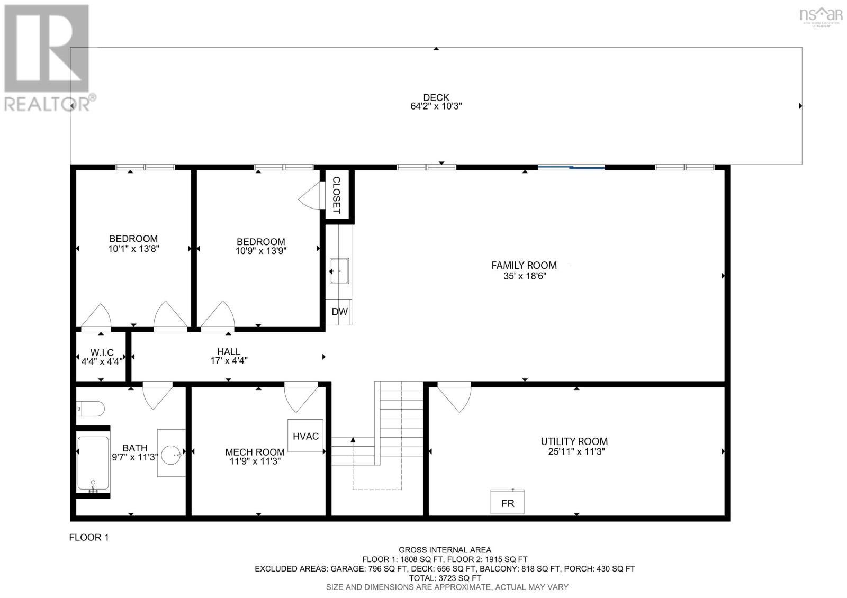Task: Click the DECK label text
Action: coord(436,97)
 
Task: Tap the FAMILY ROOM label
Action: coord(524,265)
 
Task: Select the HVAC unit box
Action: coord(305,436)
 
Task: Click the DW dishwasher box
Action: coord(339,312)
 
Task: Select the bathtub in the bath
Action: coord(93,462)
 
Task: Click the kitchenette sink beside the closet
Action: coord(339,270)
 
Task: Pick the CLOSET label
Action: coord(336,195)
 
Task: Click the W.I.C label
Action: coord(102,352)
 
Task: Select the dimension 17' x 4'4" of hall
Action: coord(229,361)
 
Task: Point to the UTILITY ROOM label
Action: coord(574,441)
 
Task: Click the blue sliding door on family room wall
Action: coord(571,167)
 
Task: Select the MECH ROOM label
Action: coord(255,452)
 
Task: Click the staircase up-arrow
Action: coord(353,439)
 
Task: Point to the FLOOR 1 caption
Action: coord(89,538)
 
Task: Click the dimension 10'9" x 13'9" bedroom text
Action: coord(260,251)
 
